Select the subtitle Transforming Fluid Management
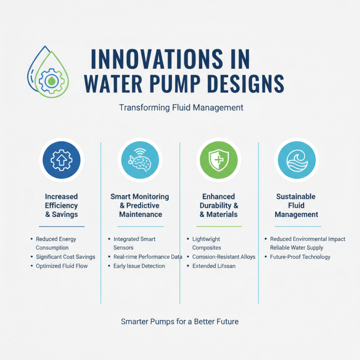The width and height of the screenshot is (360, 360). point(181,108)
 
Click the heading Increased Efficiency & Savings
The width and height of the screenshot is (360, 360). point(61,206)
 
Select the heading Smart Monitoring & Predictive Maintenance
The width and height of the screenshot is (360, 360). point(140,206)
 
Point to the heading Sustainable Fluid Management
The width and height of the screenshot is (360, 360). point(296,206)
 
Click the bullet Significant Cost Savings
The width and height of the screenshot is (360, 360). point(65,257)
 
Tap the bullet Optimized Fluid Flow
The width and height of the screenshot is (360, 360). point(62,266)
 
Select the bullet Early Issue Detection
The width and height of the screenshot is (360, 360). point(139,266)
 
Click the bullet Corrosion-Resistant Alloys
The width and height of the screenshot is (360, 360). point(224,257)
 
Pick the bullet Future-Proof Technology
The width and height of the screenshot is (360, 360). point(300,257)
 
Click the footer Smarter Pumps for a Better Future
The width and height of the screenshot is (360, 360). point(180,322)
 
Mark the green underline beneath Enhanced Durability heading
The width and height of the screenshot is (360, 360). point(219,226)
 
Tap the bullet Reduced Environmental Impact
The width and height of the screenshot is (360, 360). point(307,239)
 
